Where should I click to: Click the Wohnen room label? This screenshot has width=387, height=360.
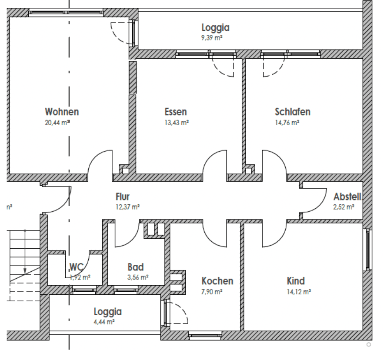coord(62,112)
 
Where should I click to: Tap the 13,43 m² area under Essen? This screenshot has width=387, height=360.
coord(176,123)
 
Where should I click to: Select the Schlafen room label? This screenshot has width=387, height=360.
coord(292,112)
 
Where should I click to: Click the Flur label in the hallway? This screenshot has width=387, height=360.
coord(123,197)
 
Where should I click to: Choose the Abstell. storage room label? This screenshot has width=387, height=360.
coord(347,197)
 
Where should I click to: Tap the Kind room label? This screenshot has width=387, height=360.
coord(296,281)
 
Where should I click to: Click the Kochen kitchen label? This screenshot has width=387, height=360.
coord(217,281)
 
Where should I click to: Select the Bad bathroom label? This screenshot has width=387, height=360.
coord(135,267)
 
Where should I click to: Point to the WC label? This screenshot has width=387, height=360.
coord(77,267)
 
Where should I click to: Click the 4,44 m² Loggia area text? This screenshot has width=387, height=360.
coord(105,322)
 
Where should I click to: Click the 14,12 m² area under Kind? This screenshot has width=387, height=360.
coord(298,292)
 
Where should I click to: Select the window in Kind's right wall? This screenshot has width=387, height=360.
coord(368,250)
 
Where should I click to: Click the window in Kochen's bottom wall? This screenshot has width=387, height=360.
coord(205,335)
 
